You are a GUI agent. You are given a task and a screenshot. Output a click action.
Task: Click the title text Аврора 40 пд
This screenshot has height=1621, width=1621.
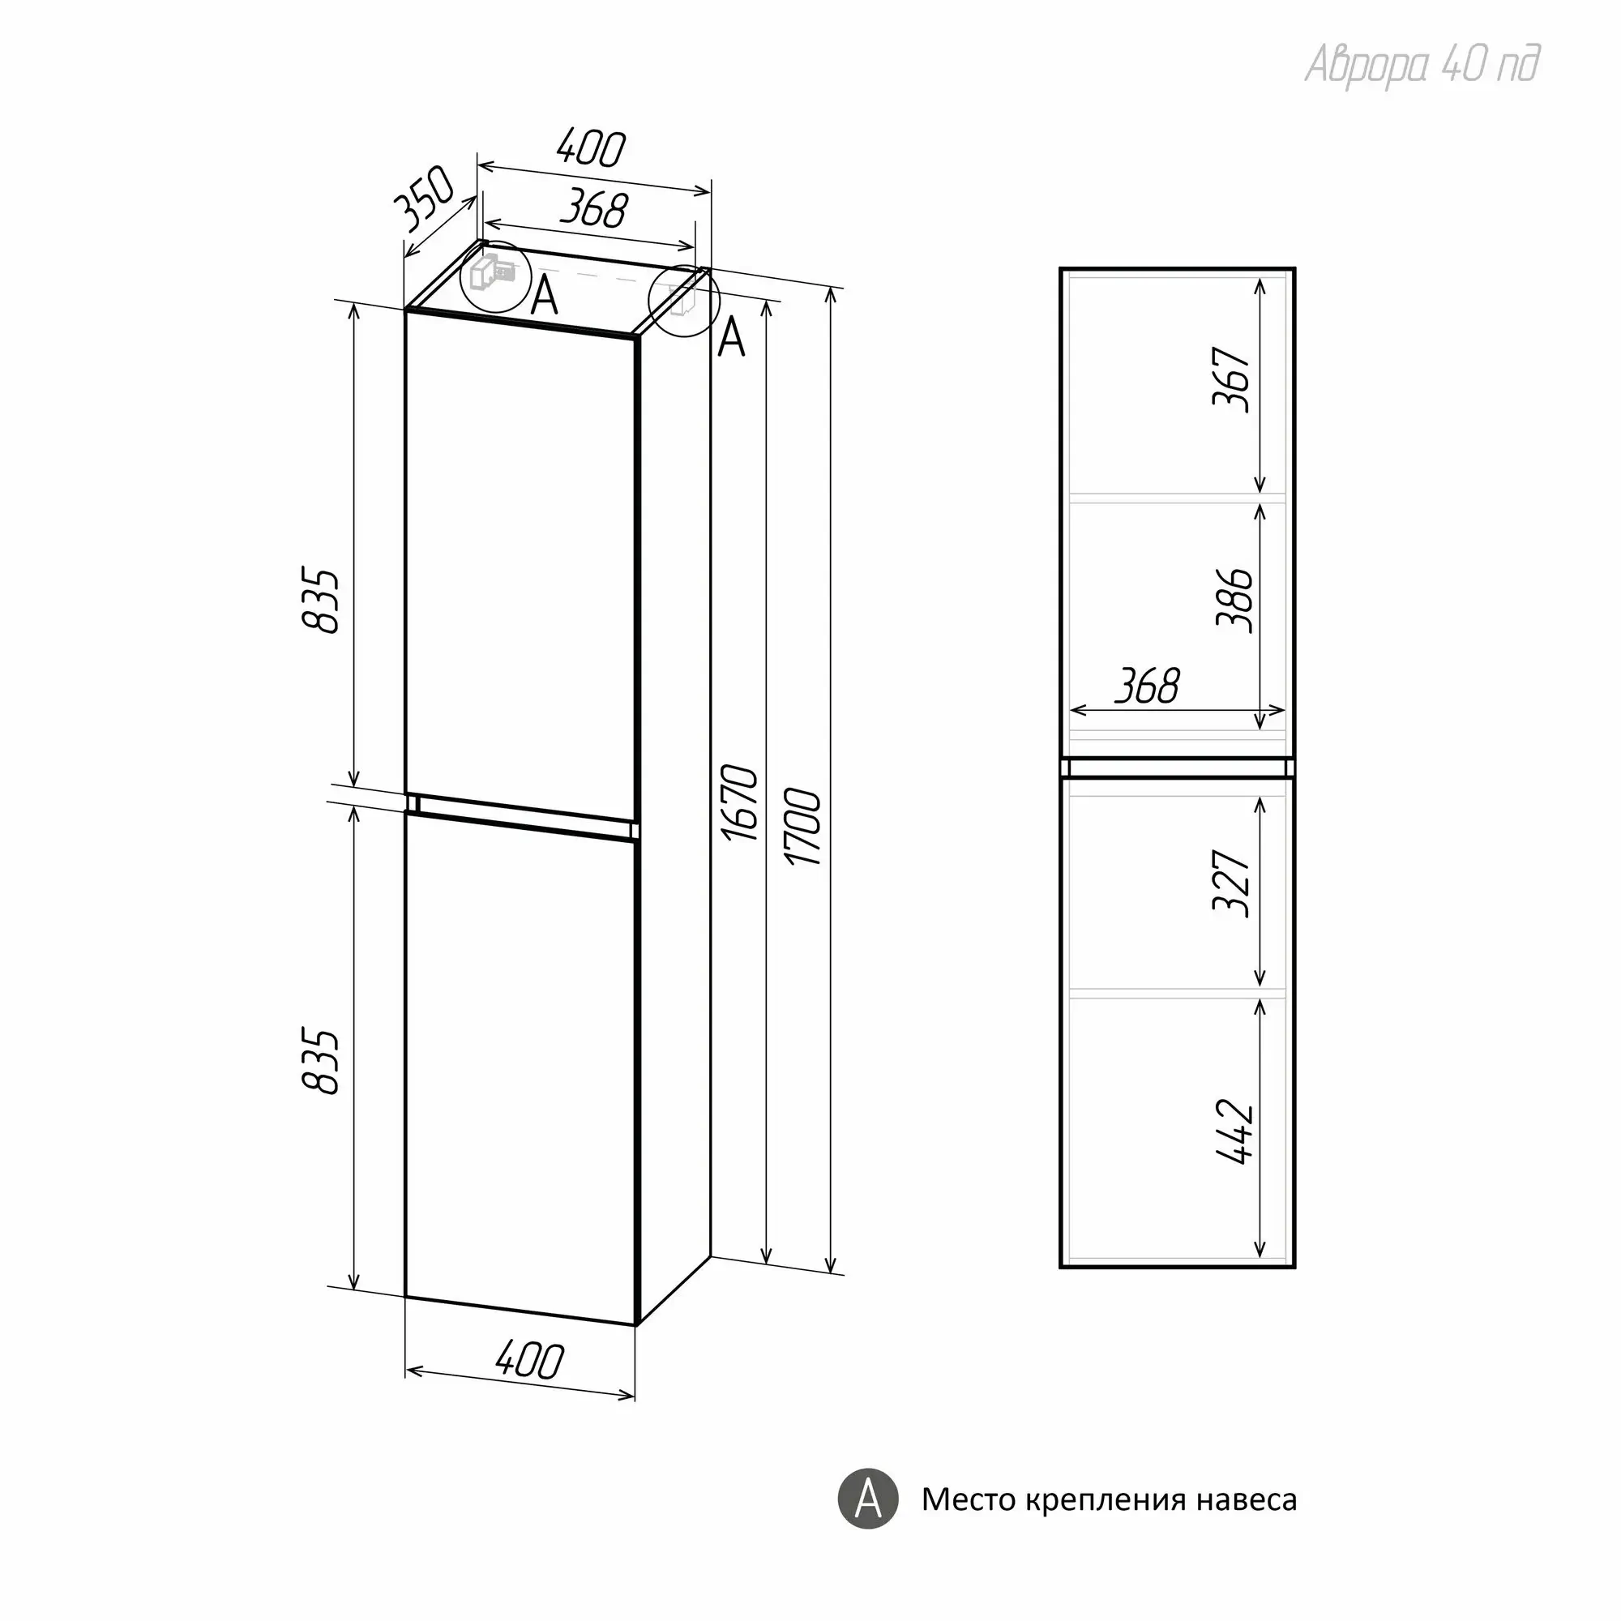[1422, 64]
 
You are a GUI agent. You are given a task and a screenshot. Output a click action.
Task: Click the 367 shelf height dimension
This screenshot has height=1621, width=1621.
[1233, 379]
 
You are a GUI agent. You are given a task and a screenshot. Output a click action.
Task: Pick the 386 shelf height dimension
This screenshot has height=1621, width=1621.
[1235, 600]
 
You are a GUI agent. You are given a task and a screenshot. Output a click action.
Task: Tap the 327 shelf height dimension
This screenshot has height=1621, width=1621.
[1233, 883]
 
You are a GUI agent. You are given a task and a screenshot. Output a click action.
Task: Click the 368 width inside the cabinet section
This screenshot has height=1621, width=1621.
[1148, 686]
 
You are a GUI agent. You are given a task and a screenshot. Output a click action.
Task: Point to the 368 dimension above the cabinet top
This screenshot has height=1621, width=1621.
[594, 209]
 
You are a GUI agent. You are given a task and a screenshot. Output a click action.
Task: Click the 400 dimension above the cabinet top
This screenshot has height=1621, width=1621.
[591, 149]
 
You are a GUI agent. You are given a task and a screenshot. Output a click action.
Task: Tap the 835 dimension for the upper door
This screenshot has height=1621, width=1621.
[321, 601]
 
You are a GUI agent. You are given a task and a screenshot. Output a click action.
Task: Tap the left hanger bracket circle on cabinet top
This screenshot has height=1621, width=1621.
[496, 278]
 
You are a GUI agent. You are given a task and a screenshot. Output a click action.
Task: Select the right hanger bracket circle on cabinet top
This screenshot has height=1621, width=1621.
[685, 302]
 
